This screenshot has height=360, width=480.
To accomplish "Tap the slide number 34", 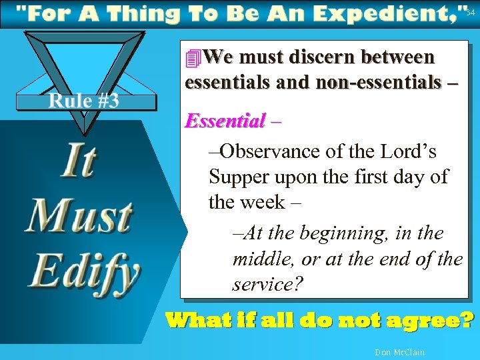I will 471,12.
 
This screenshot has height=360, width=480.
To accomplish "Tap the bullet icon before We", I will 193,59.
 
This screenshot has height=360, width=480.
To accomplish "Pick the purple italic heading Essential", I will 225,121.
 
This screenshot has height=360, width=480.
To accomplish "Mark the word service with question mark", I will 267,284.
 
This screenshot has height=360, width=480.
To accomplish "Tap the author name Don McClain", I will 400,352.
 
